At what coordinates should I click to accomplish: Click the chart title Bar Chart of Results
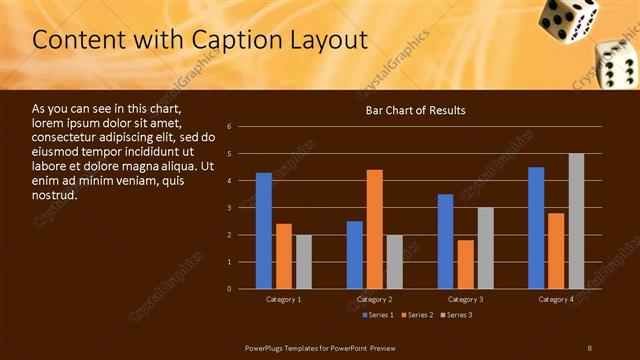coord(414,110)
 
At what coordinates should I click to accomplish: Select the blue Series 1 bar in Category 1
coord(263,231)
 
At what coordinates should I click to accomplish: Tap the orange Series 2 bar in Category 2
coord(375,229)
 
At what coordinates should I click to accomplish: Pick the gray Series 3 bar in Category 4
coord(576,221)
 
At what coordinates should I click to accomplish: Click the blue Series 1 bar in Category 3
coord(446,241)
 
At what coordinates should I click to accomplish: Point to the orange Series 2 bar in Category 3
coord(466,264)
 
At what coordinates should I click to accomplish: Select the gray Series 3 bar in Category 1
coord(303,262)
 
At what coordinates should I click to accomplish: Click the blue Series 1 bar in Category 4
coord(536,228)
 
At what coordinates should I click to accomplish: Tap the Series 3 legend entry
coord(456,315)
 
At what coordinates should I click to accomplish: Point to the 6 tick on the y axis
coord(230,127)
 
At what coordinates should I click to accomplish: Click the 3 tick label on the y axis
coord(230,208)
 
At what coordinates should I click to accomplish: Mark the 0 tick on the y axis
coord(230,289)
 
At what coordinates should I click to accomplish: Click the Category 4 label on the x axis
coord(556,300)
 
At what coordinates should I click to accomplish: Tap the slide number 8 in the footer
coord(589,347)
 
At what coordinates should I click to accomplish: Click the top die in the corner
coord(567,17)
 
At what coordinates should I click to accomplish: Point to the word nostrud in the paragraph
coord(54,194)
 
